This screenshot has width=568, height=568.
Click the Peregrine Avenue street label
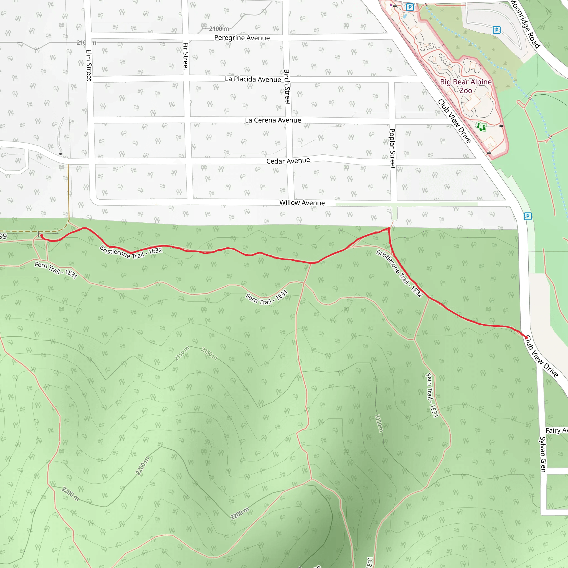pos(242,38)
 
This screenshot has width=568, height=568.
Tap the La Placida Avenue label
pos(253,79)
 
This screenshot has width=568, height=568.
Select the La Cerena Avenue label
pos(273,120)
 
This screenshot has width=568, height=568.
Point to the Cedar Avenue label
pos(288,161)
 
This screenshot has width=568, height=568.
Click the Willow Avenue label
pos(302,202)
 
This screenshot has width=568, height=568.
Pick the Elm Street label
pos(89,65)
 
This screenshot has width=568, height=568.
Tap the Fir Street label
pos(186,57)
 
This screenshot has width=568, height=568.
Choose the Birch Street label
pos(287,87)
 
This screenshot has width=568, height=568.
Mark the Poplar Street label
pos(392,148)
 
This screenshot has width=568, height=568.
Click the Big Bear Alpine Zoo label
pos(466,86)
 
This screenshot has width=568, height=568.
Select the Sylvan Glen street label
pos(543,454)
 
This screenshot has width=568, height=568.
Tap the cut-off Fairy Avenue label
pos(556,430)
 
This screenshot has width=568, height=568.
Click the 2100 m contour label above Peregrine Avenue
pos(219,29)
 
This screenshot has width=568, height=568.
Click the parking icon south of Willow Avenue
pos(528,217)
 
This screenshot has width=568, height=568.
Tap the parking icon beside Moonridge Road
pos(496,30)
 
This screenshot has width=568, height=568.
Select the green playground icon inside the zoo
pos(481,127)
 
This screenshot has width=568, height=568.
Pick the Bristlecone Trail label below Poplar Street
pos(400,273)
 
